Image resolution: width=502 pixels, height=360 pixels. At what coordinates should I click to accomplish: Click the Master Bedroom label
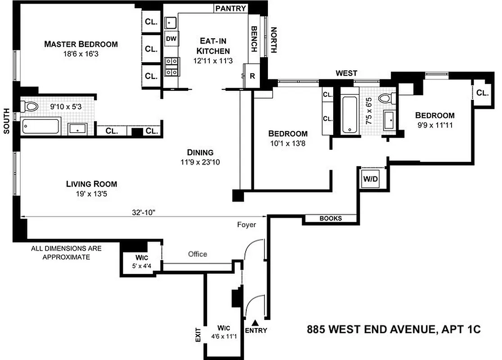tap(81, 44)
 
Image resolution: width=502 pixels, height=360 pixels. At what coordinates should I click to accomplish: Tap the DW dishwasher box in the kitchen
tap(171, 39)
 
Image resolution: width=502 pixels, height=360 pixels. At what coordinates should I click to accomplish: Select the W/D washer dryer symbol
tap(371, 179)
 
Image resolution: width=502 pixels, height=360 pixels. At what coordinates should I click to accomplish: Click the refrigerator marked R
tap(252, 76)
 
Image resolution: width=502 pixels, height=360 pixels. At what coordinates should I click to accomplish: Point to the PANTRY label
tap(231, 8)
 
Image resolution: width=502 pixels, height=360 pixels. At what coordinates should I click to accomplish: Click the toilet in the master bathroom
tap(30, 107)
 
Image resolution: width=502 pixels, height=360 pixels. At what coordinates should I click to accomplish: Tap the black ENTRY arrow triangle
tap(255, 322)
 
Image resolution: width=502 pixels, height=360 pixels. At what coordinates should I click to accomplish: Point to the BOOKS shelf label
tap(330, 219)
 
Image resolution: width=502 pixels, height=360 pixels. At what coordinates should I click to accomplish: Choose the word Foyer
tap(247, 225)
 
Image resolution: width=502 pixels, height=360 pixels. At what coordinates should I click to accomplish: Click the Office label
tap(198, 254)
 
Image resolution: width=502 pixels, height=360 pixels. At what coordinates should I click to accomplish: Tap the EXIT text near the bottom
tap(196, 335)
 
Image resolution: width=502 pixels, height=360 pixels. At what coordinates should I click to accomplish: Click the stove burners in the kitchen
tap(171, 66)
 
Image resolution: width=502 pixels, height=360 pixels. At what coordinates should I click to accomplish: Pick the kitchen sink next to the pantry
tap(171, 22)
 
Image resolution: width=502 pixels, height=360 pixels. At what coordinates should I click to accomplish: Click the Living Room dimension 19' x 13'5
tap(91, 194)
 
